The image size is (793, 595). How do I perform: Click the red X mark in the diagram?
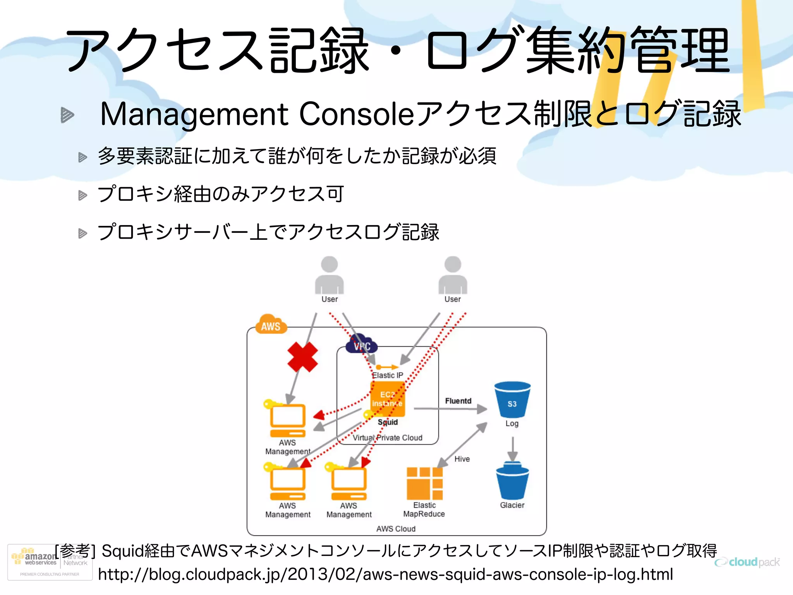(x=302, y=357)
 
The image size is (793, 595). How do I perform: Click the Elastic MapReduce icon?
(x=424, y=483)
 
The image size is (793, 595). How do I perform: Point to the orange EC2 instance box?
(x=388, y=399)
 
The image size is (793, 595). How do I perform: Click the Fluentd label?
(x=458, y=401)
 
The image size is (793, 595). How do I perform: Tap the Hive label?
(x=462, y=459)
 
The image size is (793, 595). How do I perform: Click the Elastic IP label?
(x=388, y=375)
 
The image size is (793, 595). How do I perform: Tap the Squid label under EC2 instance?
(x=388, y=422)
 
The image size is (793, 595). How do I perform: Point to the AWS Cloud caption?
(x=396, y=529)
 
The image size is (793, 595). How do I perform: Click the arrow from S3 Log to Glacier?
(x=513, y=449)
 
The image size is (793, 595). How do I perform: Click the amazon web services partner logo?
(x=50, y=562)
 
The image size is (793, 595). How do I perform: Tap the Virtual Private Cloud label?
(x=388, y=438)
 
